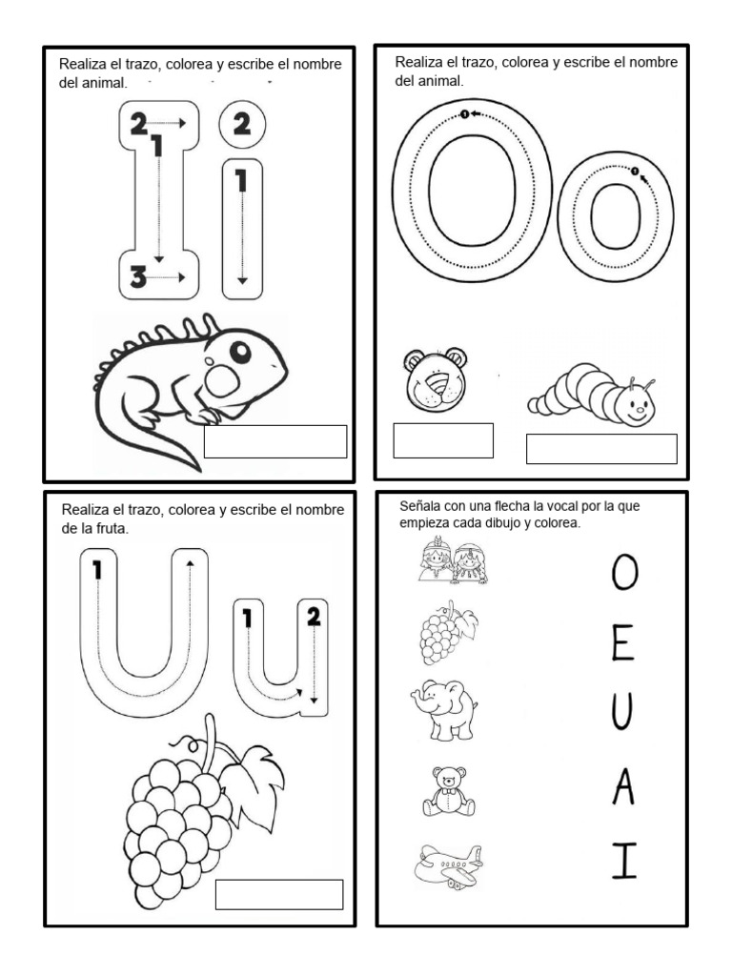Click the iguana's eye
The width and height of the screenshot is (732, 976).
(x=240, y=353)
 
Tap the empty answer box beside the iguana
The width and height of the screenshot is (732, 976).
(x=275, y=441)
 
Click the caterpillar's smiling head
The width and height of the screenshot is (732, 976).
(x=635, y=403)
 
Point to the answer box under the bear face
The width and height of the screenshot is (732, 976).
(x=443, y=440)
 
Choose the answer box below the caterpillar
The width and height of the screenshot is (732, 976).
(x=601, y=449)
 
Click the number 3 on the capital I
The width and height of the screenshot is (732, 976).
(x=138, y=276)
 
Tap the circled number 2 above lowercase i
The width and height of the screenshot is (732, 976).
(x=242, y=124)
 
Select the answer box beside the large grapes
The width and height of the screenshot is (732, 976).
(x=279, y=894)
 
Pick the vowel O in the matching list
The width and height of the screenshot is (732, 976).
(x=624, y=573)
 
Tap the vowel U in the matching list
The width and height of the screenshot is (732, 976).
(x=621, y=713)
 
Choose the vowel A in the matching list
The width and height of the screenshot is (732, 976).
(x=623, y=786)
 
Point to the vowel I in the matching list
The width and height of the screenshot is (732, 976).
(x=624, y=861)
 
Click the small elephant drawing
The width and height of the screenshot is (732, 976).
(x=444, y=709)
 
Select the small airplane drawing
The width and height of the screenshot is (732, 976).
(x=448, y=865)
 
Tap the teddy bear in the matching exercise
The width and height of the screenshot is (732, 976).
(x=449, y=791)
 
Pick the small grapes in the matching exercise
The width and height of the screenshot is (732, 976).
(x=448, y=633)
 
